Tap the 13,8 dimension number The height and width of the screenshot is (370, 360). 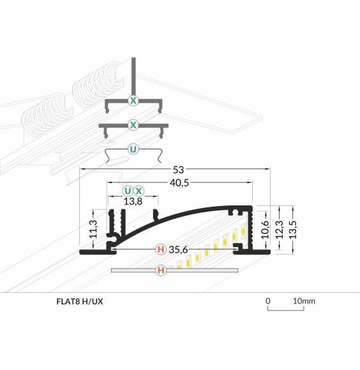(x=133, y=201)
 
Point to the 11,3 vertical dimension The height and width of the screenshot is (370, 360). (x=93, y=229)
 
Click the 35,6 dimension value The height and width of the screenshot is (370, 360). (x=178, y=249)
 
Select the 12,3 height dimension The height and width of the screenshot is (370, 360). (x=279, y=229)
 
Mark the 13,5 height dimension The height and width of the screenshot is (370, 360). (x=292, y=229)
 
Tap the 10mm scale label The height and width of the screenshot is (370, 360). (x=304, y=300)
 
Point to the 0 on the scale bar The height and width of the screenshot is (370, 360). (x=269, y=300)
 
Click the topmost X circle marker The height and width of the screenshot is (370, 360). (x=133, y=100)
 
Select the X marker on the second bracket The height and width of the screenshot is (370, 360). (x=133, y=124)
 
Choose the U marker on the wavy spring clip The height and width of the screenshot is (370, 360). (x=133, y=149)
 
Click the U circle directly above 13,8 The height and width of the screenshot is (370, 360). (x=128, y=191)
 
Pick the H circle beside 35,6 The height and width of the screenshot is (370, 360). (x=161, y=249)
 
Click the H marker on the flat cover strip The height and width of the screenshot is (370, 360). (x=161, y=271)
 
